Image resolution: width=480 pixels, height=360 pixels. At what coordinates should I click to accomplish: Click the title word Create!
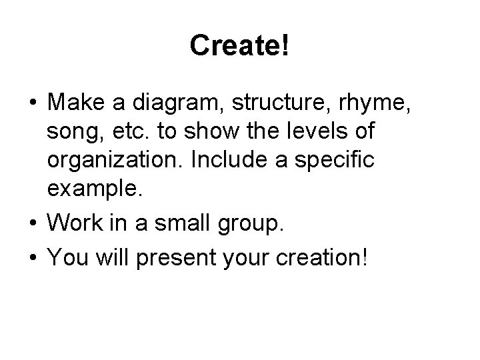(x=239, y=45)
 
